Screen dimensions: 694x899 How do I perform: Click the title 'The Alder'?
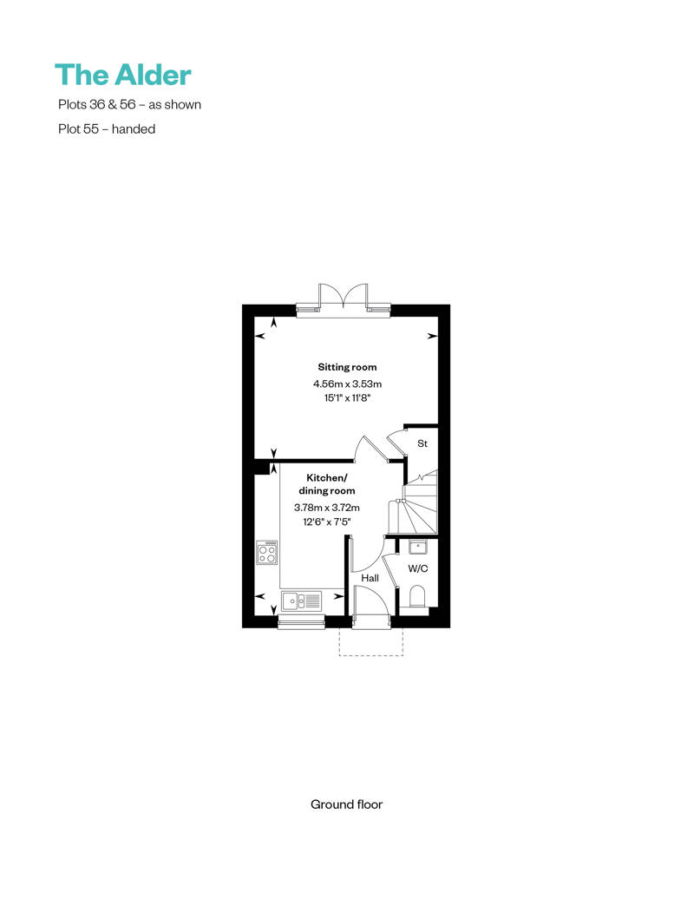122,75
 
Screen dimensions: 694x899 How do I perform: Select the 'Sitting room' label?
347,367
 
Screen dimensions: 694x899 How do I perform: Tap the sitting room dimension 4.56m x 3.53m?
347,384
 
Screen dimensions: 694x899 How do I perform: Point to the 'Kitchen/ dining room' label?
327,484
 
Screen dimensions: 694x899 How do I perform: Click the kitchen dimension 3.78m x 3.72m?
327,508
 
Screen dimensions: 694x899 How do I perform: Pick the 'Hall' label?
370,578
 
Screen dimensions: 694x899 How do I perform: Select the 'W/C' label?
418,568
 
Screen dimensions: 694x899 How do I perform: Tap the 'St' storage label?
422,443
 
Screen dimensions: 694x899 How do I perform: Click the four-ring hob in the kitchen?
267,553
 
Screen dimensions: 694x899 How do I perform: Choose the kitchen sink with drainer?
301,600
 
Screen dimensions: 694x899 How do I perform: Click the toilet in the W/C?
418,596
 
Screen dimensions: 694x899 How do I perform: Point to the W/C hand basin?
418,547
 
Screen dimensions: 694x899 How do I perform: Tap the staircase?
414,502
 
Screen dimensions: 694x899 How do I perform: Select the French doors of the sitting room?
343,298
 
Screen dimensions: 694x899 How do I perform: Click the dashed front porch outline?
370,655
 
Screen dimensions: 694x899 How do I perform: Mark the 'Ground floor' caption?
346,804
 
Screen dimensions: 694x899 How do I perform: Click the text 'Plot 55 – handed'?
107,129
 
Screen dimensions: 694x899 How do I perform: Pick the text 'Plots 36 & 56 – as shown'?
129,104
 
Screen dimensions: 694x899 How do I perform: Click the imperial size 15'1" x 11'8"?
347,398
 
